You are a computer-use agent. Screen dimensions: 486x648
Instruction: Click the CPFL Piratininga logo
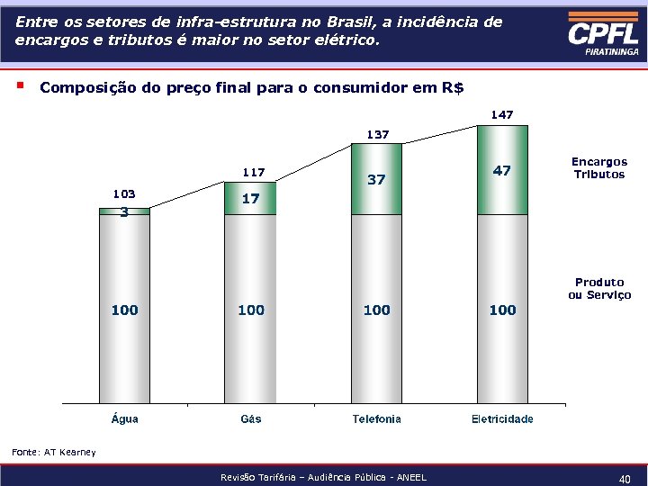[602, 35]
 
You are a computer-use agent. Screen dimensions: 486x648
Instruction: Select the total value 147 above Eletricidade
[502, 115]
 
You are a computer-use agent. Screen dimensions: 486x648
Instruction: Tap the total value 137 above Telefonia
[376, 135]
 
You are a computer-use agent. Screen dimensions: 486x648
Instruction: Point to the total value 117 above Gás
[253, 172]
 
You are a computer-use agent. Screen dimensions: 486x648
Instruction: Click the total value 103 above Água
[124, 193]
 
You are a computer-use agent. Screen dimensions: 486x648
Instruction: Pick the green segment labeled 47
[502, 171]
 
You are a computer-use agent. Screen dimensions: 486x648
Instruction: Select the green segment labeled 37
[376, 180]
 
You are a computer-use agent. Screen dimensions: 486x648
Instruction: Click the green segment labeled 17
[251, 200]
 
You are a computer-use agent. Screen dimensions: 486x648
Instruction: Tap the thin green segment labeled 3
[124, 212]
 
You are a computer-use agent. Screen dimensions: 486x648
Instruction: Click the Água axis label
[124, 418]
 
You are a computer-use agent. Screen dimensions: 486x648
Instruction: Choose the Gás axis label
[251, 418]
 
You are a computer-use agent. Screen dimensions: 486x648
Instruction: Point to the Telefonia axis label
[376, 418]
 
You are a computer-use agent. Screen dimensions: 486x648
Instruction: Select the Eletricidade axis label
[502, 418]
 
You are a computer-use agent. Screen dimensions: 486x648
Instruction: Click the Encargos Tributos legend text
[599, 168]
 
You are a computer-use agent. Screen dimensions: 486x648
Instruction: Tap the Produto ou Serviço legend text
[599, 289]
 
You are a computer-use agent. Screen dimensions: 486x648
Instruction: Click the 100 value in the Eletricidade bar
[502, 310]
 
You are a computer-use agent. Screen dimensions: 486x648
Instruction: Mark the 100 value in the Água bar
[124, 310]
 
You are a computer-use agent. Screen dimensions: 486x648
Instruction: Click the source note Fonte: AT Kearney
[53, 452]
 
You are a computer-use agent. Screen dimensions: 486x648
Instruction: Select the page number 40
[624, 480]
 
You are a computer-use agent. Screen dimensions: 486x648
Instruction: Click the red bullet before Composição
[19, 86]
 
